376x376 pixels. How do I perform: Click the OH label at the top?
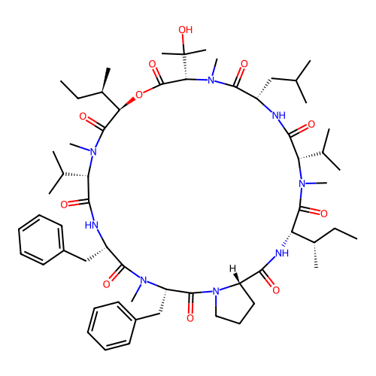[186, 30]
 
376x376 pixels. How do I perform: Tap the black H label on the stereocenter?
[232, 268]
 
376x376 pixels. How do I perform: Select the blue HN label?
[92, 225]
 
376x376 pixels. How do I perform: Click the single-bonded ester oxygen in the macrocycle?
[139, 95]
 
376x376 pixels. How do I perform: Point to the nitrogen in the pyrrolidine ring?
[216, 291]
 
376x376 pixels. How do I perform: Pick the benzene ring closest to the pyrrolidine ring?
[112, 326]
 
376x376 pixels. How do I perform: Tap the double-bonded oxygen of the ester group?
[152, 64]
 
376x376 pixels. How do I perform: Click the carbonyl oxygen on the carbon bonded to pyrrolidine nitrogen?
[190, 318]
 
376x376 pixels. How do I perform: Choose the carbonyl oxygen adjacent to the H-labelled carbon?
[276, 290]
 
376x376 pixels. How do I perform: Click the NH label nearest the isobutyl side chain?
[279, 116]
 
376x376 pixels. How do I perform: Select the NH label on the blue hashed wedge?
[282, 253]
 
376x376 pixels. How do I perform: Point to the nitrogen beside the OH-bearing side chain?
[211, 80]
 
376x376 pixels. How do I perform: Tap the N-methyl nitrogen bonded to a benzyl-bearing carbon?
[144, 280]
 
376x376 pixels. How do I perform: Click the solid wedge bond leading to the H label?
[237, 278]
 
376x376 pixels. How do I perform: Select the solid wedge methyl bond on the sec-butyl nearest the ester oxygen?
[105, 80]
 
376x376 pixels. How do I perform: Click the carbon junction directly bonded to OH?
[184, 53]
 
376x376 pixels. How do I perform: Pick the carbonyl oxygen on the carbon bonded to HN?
[64, 205]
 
